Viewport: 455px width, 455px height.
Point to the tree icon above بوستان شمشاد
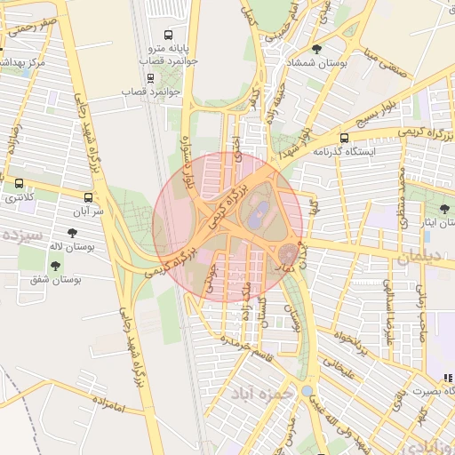click(318, 49)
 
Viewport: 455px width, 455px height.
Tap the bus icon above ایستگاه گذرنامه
click(344, 138)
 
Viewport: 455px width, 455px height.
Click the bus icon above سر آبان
click(88, 197)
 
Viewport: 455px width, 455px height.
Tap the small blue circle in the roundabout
click(307, 390)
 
